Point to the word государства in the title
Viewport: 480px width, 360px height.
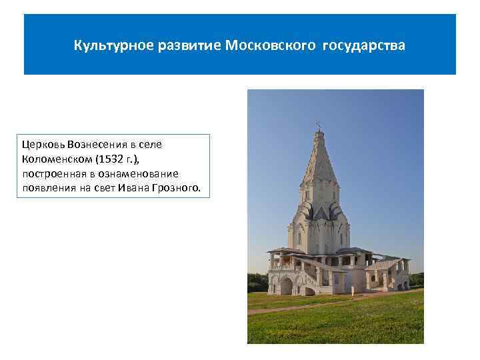pyautogui.click(x=364, y=47)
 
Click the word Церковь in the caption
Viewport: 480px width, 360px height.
pyautogui.click(x=41, y=144)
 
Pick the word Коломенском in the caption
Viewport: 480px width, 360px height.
pyautogui.click(x=56, y=159)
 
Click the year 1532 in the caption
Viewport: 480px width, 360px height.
pyautogui.click(x=109, y=159)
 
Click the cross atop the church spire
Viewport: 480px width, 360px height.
pyautogui.click(x=318, y=125)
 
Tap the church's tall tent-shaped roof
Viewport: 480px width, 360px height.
pyautogui.click(x=318, y=167)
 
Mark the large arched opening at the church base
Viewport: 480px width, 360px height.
pyautogui.click(x=287, y=287)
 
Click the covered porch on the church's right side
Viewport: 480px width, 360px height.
pyautogui.click(x=390, y=270)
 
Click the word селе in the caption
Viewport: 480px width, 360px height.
pyautogui.click(x=151, y=144)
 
